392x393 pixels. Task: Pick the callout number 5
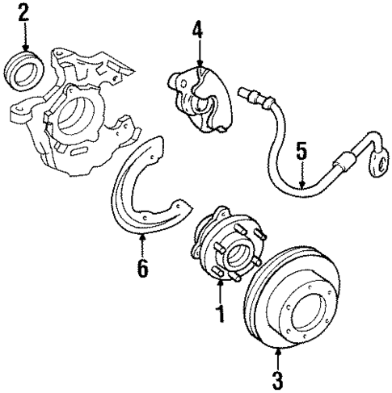coord(301,152)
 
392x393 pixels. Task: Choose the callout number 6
coord(142,270)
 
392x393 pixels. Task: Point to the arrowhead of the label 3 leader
coord(278,349)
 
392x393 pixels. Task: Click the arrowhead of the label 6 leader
coord(142,240)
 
